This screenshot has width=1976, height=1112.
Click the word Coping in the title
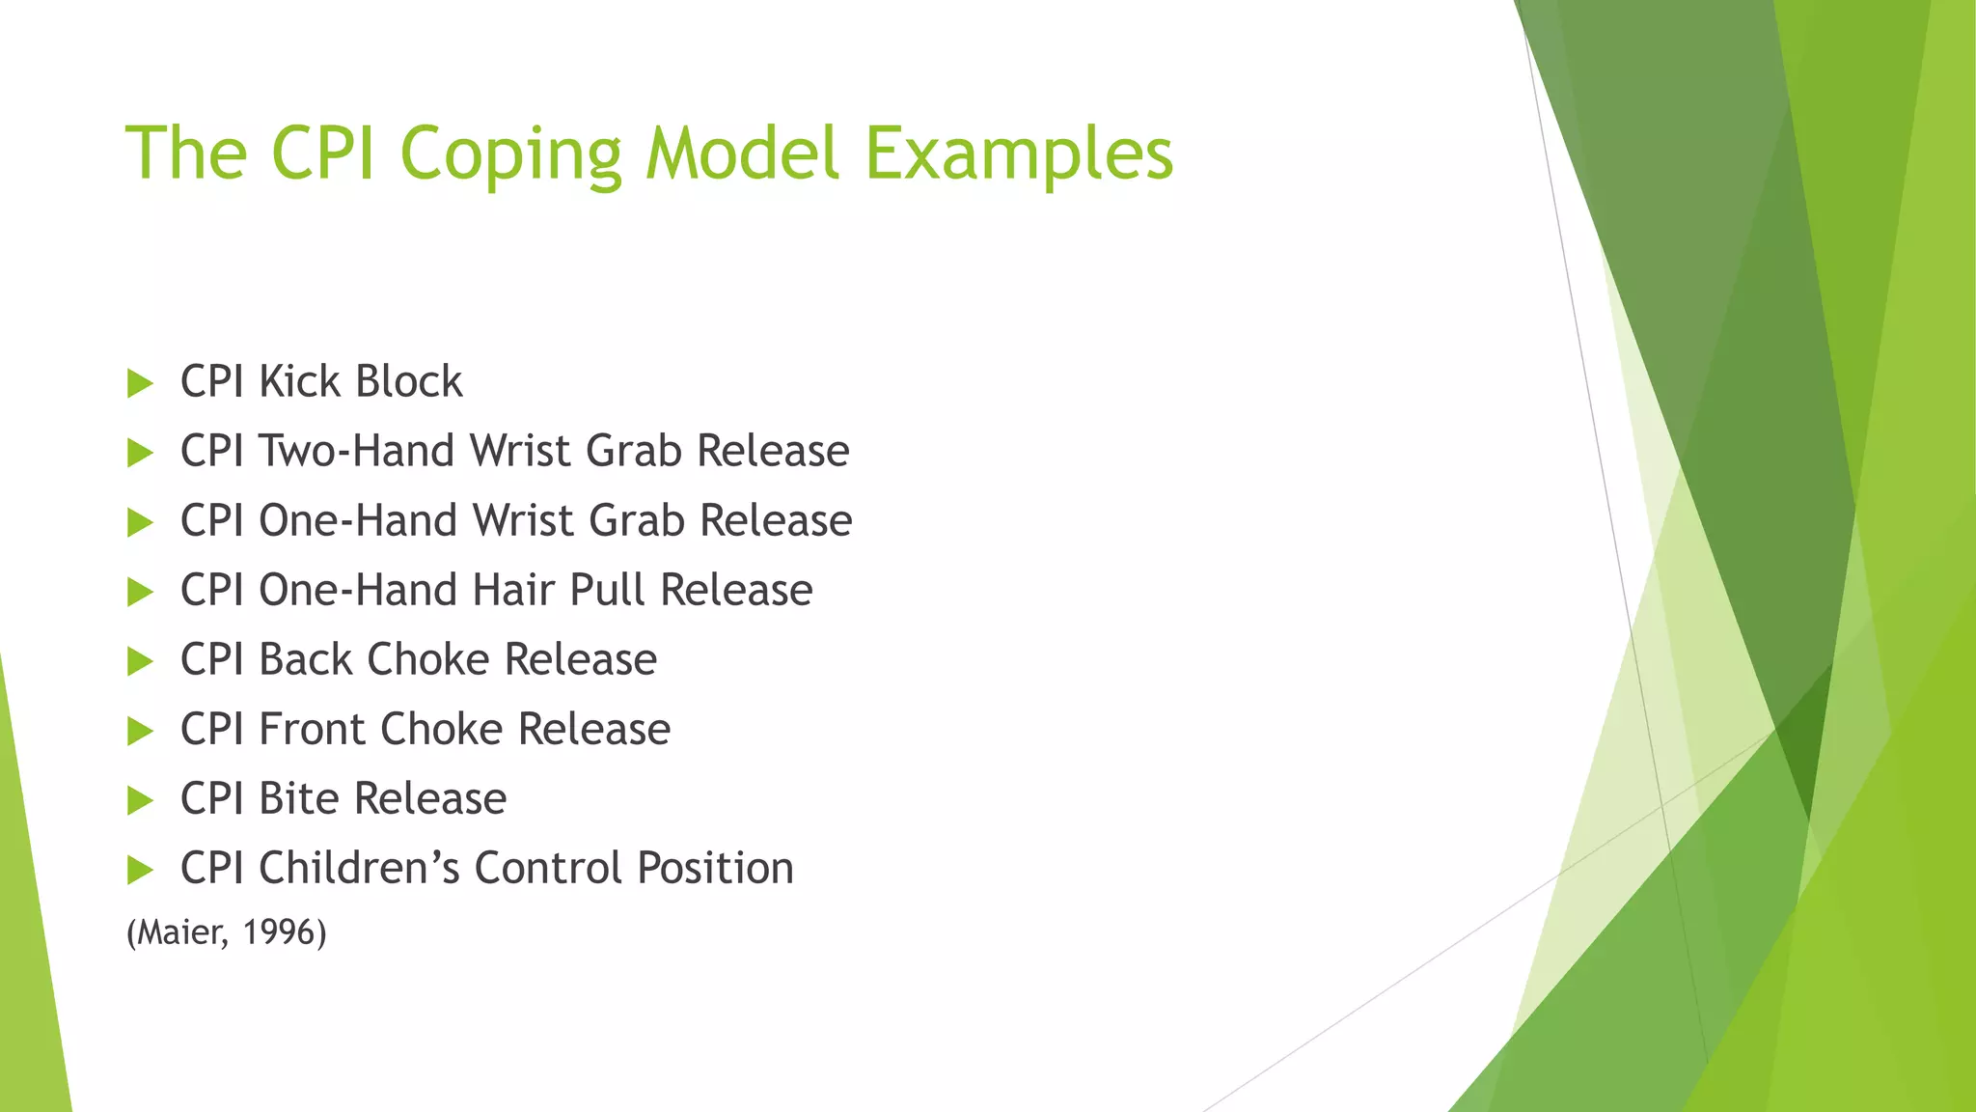pos(511,154)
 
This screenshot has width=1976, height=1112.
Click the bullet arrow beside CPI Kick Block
pos(140,383)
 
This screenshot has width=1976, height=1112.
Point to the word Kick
pos(300,381)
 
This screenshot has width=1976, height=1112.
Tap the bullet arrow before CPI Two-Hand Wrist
pos(140,453)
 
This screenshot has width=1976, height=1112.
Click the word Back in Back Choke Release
pos(306,659)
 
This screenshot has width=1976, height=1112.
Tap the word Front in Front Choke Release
pos(313,729)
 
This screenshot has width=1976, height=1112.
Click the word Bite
pos(298,798)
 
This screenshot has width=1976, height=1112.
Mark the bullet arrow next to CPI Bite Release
pos(140,800)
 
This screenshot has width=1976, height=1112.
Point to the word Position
pos(715,868)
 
